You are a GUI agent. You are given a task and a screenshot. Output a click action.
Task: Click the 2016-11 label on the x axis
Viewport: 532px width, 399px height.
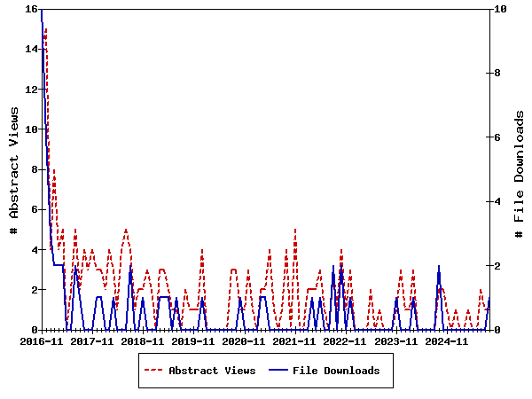pyautogui.click(x=42, y=340)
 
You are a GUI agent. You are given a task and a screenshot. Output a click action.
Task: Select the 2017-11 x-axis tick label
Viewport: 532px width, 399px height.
pyautogui.click(x=92, y=340)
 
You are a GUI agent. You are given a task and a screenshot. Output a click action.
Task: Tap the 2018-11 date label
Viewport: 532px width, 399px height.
pyautogui.click(x=143, y=340)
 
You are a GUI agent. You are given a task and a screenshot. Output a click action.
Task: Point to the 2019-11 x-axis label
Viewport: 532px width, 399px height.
pyautogui.click(x=193, y=340)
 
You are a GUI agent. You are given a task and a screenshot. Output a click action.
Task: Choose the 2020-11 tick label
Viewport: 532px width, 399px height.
pyautogui.click(x=244, y=340)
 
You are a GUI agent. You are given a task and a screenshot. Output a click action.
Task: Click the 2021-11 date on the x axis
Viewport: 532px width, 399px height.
pyautogui.click(x=294, y=340)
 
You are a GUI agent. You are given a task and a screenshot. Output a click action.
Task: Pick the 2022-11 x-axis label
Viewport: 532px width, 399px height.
pyautogui.click(x=345, y=340)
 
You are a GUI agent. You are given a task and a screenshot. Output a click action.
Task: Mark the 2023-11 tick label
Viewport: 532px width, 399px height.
pyautogui.click(x=395, y=340)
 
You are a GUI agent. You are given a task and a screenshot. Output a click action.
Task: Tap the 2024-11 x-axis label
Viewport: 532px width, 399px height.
pyautogui.click(x=446, y=340)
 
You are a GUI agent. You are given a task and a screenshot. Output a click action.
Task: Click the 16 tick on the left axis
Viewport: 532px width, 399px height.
pyautogui.click(x=31, y=9)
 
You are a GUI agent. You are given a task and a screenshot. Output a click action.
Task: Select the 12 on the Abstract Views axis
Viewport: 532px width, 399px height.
pyautogui.click(x=31, y=90)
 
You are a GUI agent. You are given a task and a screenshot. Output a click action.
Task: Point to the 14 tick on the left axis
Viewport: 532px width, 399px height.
pyautogui.click(x=31, y=49)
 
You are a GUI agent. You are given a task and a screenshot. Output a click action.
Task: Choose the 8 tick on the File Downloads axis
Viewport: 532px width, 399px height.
pyautogui.click(x=500, y=74)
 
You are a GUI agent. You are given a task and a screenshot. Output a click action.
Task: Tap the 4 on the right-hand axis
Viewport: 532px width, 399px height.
pyautogui.click(x=500, y=202)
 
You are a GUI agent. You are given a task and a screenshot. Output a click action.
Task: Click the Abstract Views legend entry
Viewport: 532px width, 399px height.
pyautogui.click(x=212, y=371)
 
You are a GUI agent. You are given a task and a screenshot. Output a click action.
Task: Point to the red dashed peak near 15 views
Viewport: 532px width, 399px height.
pyautogui.click(x=45, y=29)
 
